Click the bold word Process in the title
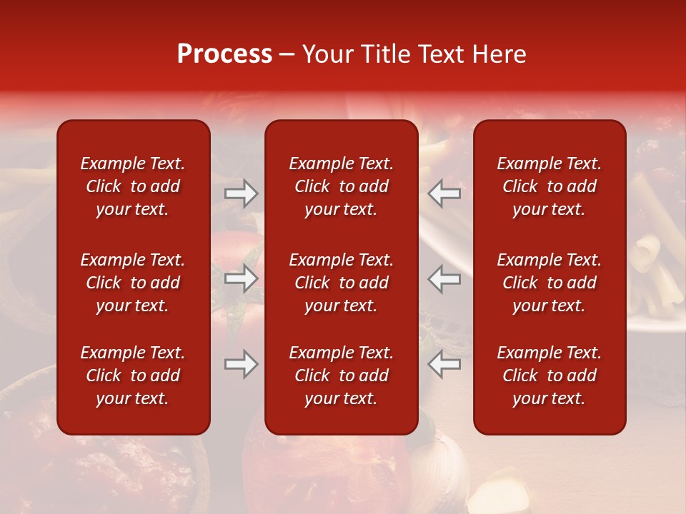(x=224, y=54)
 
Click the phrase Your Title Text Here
(x=414, y=54)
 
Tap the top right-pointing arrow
(x=241, y=193)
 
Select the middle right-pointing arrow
(x=241, y=278)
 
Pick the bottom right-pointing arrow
(x=241, y=364)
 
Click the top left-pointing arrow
(x=444, y=193)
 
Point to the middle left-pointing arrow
(x=444, y=278)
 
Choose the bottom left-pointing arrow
(x=444, y=364)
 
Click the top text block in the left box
(x=133, y=186)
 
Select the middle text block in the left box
(x=133, y=283)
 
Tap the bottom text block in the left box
(x=133, y=376)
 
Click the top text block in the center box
(x=341, y=186)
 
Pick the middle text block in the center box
(x=341, y=283)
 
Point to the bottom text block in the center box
(x=341, y=376)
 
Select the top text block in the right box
(x=549, y=186)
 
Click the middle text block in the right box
(x=549, y=283)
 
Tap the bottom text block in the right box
(x=549, y=376)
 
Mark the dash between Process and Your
(x=287, y=55)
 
